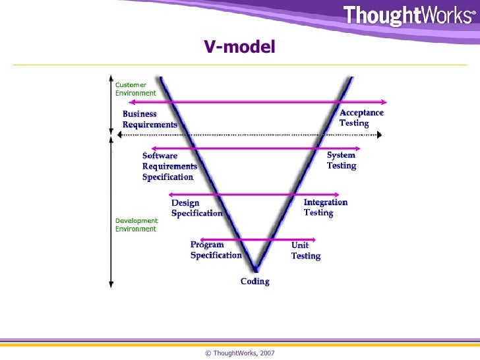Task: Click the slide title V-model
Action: click(x=239, y=47)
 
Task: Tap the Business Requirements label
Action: click(x=150, y=119)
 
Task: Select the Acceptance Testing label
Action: click(x=361, y=118)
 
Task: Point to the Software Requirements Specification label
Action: click(x=169, y=166)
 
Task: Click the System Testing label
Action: click(x=342, y=160)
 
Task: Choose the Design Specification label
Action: click(x=196, y=208)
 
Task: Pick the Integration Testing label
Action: click(x=325, y=208)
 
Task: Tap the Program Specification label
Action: click(x=216, y=251)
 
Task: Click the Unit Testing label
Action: click(x=306, y=251)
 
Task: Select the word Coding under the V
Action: click(x=255, y=282)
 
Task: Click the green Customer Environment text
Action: click(x=136, y=89)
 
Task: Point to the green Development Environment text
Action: click(x=136, y=225)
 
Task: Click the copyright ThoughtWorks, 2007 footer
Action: click(x=240, y=353)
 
